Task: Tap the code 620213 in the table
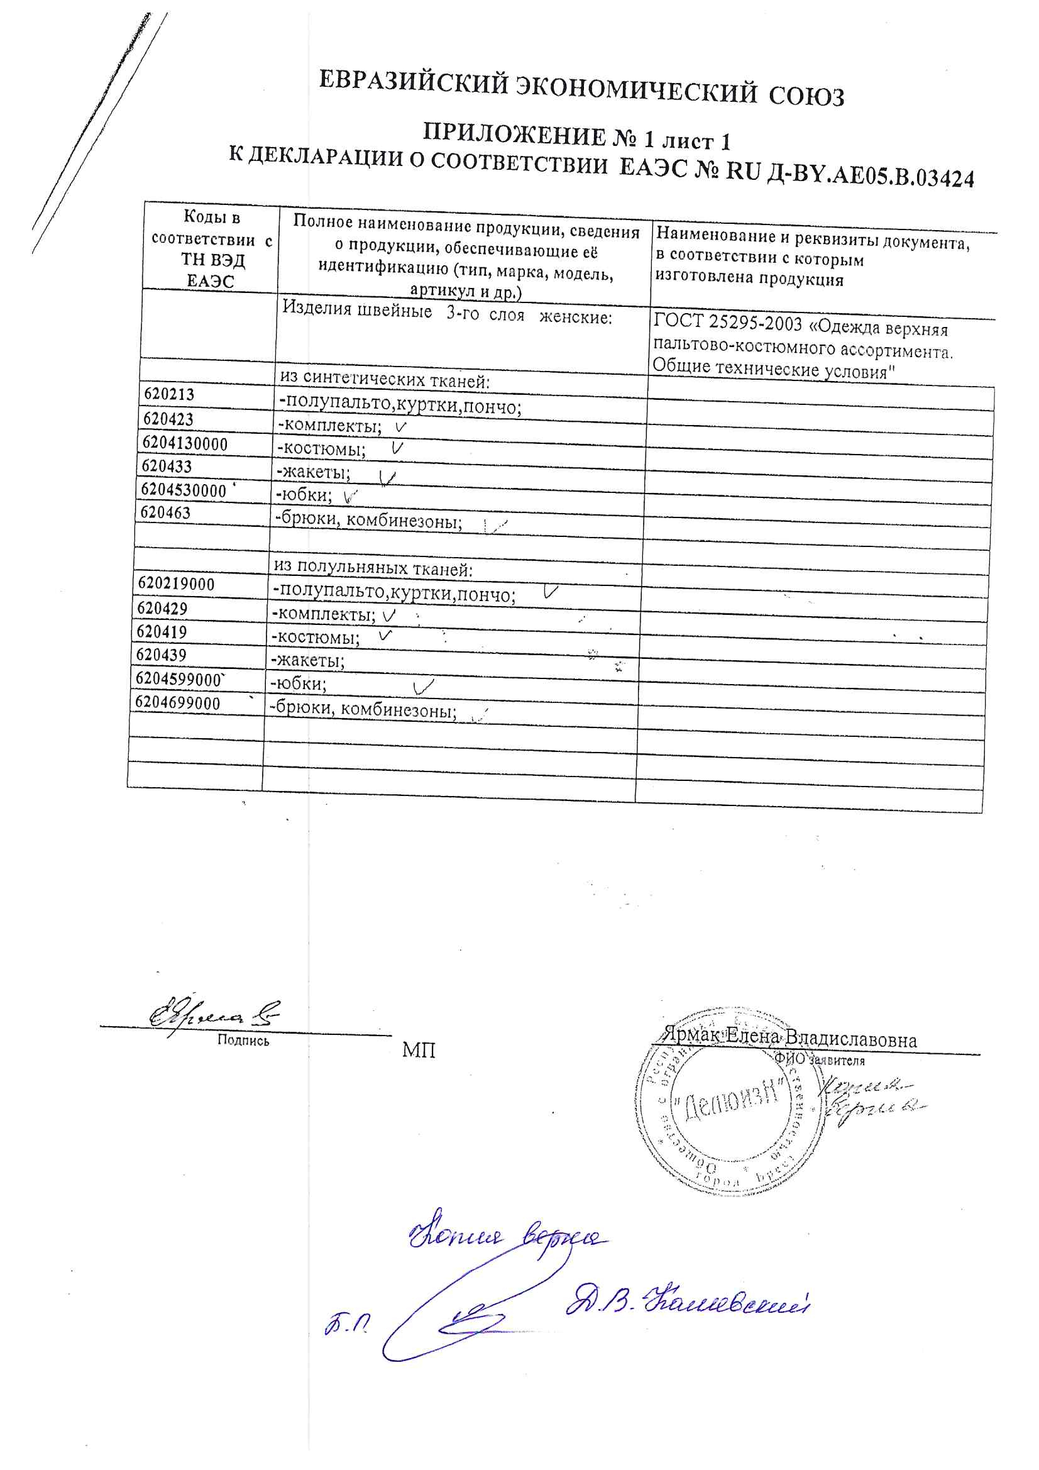pyautogui.click(x=168, y=394)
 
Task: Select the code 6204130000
pyautogui.click(x=184, y=444)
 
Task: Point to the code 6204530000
pyautogui.click(x=183, y=490)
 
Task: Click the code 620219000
pyautogui.click(x=176, y=584)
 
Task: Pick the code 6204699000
pyautogui.click(x=177, y=703)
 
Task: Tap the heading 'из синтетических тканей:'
pyautogui.click(x=384, y=380)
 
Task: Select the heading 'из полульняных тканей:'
pyautogui.click(x=373, y=568)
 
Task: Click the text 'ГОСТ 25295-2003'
pyautogui.click(x=728, y=323)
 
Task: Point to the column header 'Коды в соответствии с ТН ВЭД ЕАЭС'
pyautogui.click(x=211, y=249)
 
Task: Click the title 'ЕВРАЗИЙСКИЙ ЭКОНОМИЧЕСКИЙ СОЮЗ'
pyautogui.click(x=581, y=89)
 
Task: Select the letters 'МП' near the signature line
pyautogui.click(x=419, y=1050)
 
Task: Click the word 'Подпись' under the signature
pyautogui.click(x=243, y=1041)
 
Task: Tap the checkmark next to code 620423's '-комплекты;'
pyautogui.click(x=401, y=426)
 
